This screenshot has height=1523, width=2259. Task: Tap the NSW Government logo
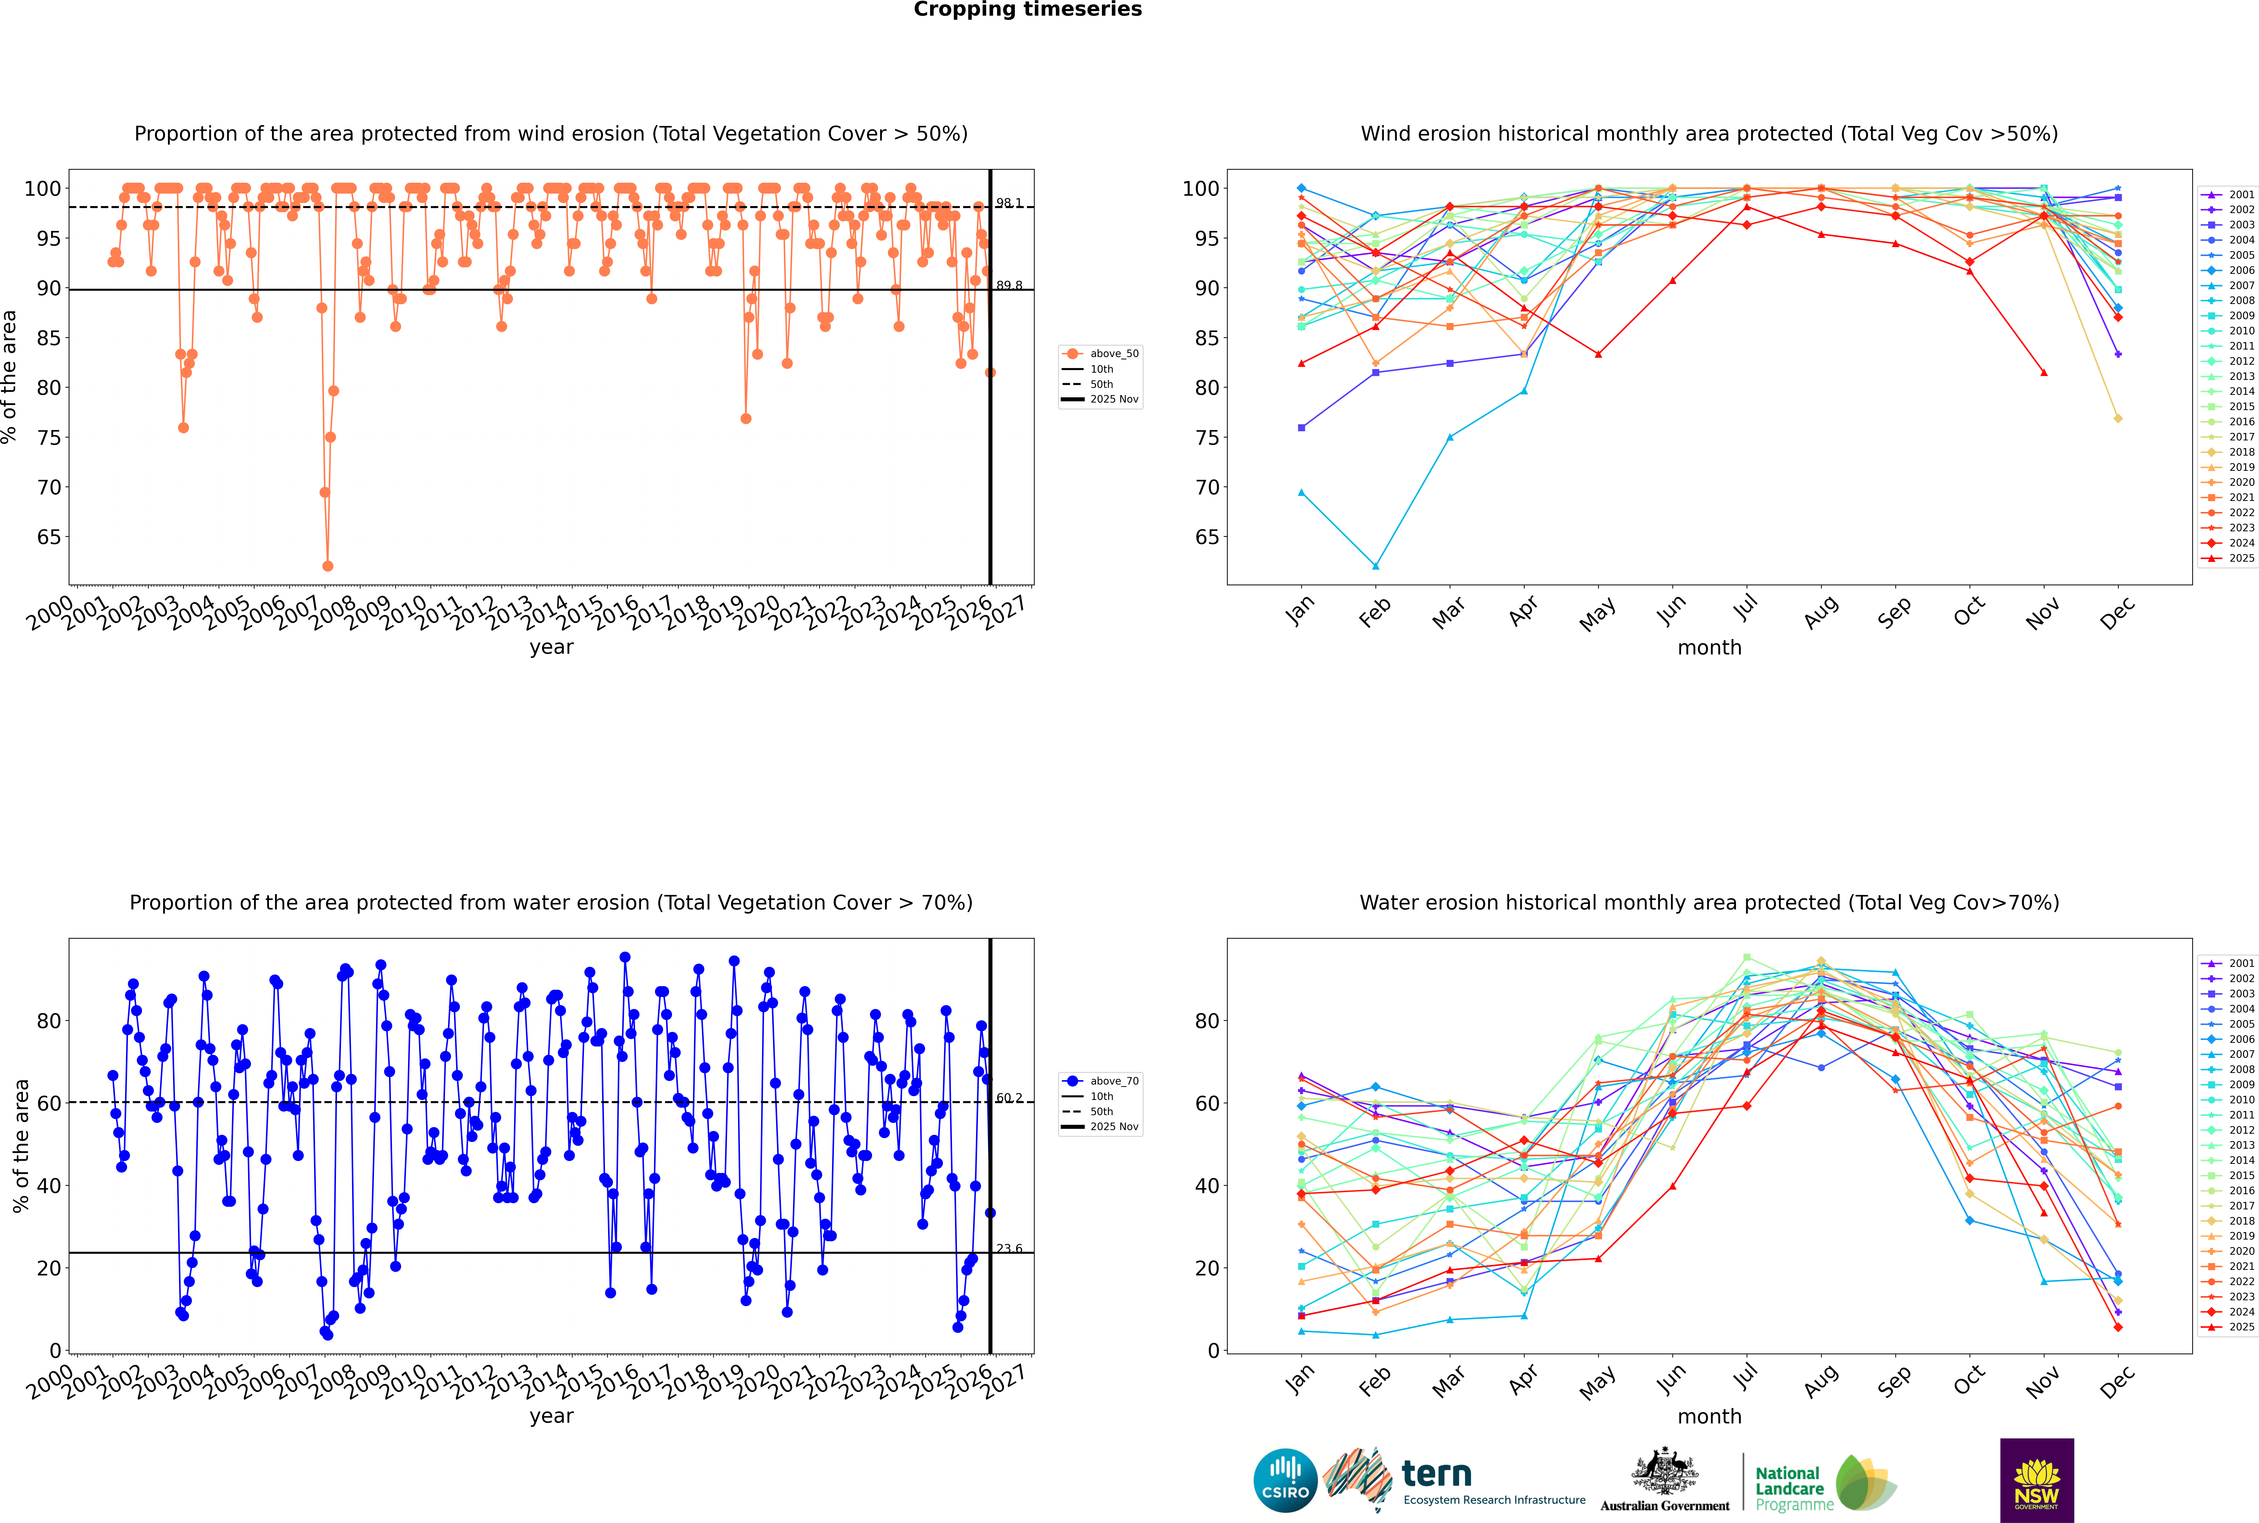click(2037, 1479)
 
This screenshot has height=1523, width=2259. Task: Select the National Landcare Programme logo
click(1824, 1483)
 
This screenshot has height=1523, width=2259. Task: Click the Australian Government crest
click(1665, 1476)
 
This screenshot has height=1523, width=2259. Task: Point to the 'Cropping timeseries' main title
click(1027, 10)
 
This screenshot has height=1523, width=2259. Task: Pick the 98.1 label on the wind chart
click(1009, 203)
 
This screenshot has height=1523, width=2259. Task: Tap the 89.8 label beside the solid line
click(1009, 286)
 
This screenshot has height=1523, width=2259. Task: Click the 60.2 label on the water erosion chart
click(1009, 1098)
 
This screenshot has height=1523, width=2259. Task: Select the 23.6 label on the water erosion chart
click(1009, 1249)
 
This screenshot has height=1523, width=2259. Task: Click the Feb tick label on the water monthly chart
click(1375, 1381)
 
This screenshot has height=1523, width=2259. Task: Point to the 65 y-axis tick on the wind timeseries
click(48, 537)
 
